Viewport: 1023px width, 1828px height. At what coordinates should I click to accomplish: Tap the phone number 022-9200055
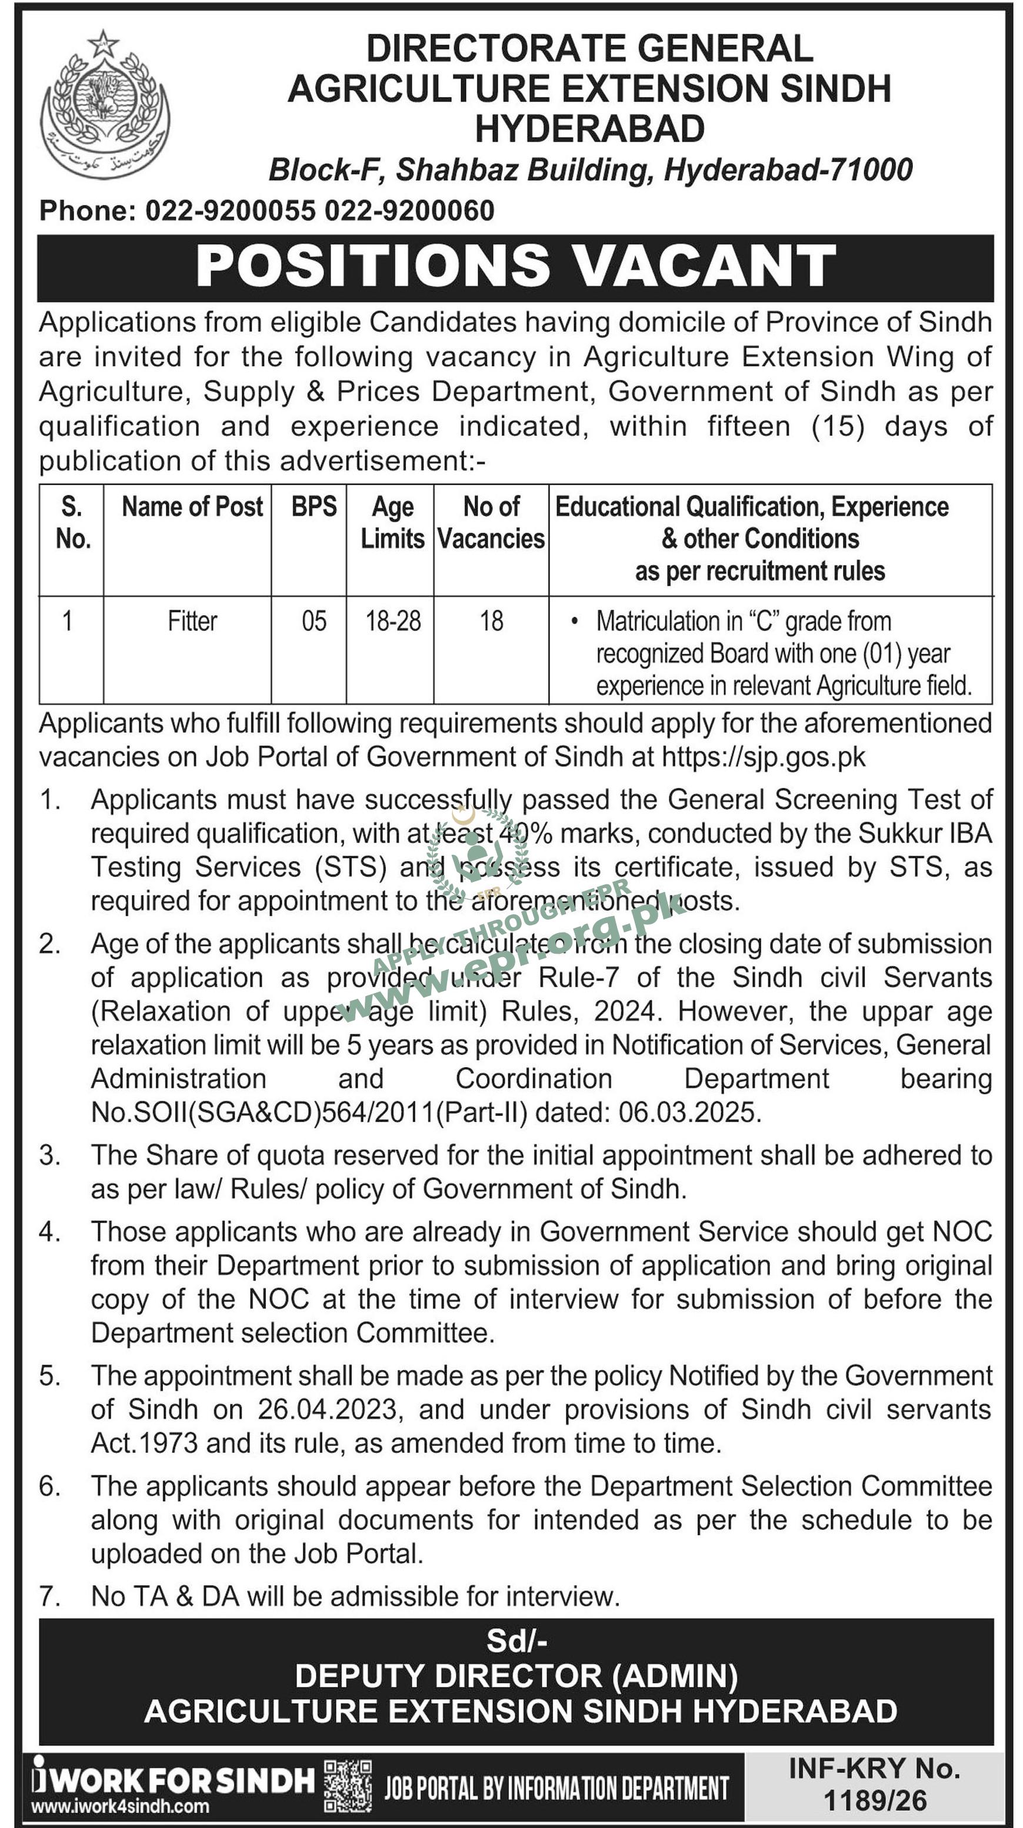click(x=230, y=210)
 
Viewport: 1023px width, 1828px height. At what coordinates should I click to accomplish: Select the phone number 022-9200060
click(x=409, y=210)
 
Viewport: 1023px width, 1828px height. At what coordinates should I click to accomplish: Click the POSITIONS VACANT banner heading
click(x=515, y=266)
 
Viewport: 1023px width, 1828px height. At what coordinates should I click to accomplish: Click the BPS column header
click(x=314, y=507)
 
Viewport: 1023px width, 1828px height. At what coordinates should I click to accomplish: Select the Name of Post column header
click(x=192, y=507)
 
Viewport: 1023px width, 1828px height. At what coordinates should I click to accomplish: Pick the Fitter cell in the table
click(x=192, y=621)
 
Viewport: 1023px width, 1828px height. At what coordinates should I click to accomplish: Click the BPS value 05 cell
click(x=314, y=621)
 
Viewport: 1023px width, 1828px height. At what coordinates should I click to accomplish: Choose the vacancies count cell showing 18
click(x=491, y=621)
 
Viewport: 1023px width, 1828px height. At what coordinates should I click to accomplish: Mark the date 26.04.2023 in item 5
click(x=329, y=1409)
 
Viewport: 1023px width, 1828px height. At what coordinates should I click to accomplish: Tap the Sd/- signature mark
click(x=516, y=1640)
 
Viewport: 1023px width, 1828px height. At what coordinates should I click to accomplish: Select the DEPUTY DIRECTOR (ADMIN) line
click(x=516, y=1676)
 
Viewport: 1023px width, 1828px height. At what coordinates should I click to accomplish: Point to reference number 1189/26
click(x=875, y=1800)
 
